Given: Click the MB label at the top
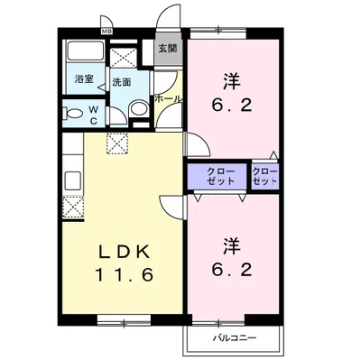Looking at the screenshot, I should pyautogui.click(x=106, y=32).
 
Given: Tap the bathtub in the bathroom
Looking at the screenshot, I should pyautogui.click(x=86, y=52).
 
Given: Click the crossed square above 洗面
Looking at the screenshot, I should pyautogui.click(x=121, y=56).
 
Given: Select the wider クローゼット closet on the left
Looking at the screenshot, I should pyautogui.click(x=218, y=175).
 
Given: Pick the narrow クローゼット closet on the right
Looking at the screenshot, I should pyautogui.click(x=265, y=175).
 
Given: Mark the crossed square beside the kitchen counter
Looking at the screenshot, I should pyautogui.click(x=71, y=209).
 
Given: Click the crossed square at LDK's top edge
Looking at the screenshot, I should pyautogui.click(x=116, y=142).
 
